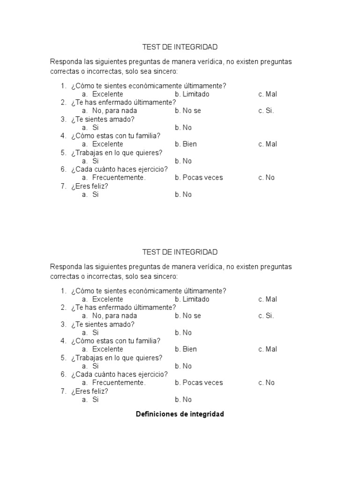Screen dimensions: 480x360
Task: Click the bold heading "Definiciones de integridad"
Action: [x=180, y=414]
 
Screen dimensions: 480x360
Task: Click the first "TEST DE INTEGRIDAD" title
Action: [x=180, y=47]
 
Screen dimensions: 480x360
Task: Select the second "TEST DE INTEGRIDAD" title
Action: [x=180, y=252]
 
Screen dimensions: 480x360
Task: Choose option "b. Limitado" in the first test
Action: [x=192, y=94]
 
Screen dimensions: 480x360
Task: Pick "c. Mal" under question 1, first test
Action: [x=267, y=94]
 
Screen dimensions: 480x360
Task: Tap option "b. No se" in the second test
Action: [x=187, y=316]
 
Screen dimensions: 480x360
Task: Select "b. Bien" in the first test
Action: [x=186, y=144]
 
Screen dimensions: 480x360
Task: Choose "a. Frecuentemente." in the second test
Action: [x=114, y=383]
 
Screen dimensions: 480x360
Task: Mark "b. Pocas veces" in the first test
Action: [x=199, y=178]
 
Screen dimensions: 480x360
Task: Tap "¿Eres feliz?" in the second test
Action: [x=90, y=391]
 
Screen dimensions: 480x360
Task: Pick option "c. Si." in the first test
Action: [x=266, y=111]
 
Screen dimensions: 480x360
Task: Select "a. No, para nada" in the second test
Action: [x=109, y=316]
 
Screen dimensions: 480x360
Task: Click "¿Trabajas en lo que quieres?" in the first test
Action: [x=117, y=152]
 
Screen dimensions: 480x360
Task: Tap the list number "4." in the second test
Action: [x=63, y=341]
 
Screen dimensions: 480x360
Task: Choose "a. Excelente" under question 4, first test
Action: [x=103, y=144]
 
